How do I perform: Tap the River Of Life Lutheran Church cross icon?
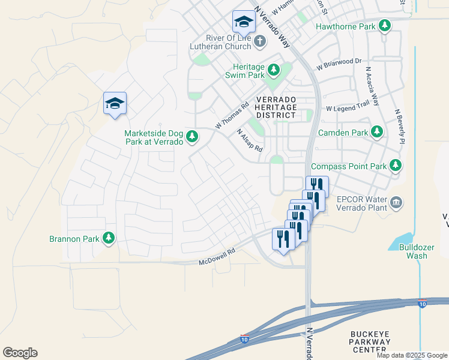(x=259, y=41)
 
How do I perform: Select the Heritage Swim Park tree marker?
(x=274, y=70)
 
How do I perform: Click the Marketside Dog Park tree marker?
(x=192, y=137)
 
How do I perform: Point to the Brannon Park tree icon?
(x=109, y=239)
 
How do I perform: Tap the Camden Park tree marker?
(x=377, y=132)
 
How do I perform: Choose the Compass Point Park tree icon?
(x=395, y=165)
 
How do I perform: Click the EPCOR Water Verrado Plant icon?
(x=396, y=203)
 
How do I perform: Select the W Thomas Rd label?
(x=232, y=116)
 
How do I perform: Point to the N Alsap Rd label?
(x=250, y=140)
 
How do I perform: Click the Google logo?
(x=20, y=352)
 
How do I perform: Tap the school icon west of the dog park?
(x=115, y=104)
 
